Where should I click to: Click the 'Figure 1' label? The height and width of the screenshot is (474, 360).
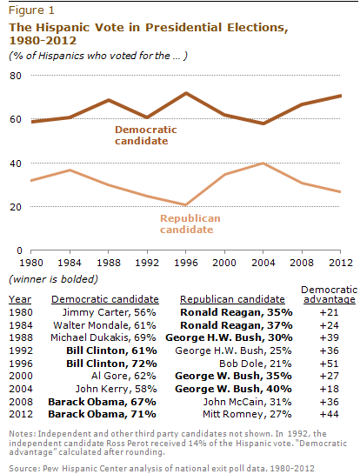coord(31,10)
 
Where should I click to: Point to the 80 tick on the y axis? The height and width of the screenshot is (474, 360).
coord(16,76)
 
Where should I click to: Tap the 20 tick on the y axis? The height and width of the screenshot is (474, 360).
coord(16,207)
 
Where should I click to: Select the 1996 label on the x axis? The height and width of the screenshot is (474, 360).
coord(186,263)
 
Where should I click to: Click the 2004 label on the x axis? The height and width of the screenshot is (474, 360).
coord(263,263)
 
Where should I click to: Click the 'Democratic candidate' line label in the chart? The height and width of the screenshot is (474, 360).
coord(146,135)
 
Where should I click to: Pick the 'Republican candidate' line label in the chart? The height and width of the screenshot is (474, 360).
coord(190,224)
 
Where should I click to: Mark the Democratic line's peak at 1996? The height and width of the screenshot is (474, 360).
coord(186,93)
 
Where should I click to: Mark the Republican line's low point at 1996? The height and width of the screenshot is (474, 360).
coord(185,204)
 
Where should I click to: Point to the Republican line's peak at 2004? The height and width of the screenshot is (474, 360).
coord(263,164)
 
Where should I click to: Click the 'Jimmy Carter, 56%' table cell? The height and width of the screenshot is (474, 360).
coord(109,312)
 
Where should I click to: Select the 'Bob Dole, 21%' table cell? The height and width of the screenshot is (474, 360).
coord(256,364)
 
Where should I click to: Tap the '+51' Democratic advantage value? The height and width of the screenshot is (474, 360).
coord(330,364)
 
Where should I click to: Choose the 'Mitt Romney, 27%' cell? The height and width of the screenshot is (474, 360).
coord(247,414)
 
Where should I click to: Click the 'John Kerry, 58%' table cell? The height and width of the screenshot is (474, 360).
coord(116,389)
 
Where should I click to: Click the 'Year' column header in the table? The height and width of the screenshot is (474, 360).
coord(20,299)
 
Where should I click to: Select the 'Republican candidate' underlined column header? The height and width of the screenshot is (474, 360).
coord(232,299)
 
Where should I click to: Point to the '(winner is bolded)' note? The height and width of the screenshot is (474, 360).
coord(54,279)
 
